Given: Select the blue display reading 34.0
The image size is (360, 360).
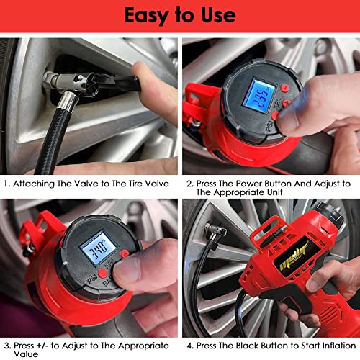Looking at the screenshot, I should (98, 251).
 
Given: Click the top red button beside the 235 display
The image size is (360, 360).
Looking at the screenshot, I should (285, 89).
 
